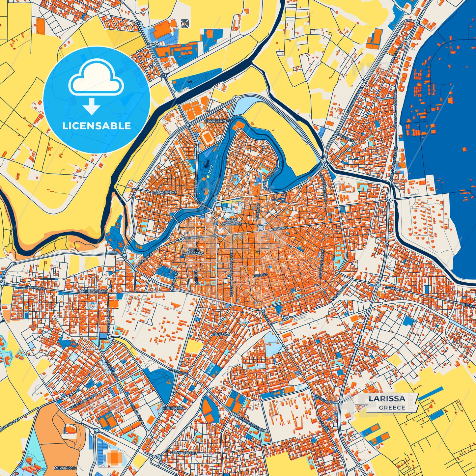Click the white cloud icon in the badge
[x=96, y=79]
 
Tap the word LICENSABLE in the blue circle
[x=97, y=126]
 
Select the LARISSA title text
[x=387, y=398]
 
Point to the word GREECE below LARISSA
[x=392, y=407]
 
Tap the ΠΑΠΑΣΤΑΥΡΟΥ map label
[x=218, y=121]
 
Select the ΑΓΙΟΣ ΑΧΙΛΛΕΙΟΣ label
[x=232, y=221]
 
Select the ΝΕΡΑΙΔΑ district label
[x=221, y=334]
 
